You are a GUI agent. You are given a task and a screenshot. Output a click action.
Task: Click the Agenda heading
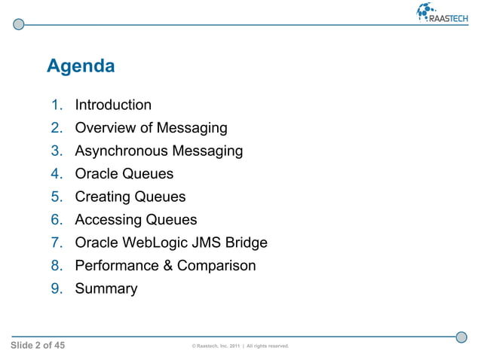pyautogui.click(x=81, y=66)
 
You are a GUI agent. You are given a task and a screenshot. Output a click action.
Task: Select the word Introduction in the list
pyautogui.click(x=113, y=105)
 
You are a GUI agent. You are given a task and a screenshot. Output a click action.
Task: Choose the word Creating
pyautogui.click(x=102, y=197)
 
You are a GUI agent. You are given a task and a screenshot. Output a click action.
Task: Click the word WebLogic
pyautogui.click(x=158, y=243)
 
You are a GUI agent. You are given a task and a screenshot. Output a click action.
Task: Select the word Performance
pyautogui.click(x=115, y=266)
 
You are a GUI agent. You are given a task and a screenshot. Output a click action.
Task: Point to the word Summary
pyautogui.click(x=106, y=289)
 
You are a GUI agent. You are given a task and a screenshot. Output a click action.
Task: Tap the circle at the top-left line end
pyautogui.click(x=19, y=24)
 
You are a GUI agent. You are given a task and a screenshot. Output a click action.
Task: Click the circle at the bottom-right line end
pyautogui.click(x=461, y=336)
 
